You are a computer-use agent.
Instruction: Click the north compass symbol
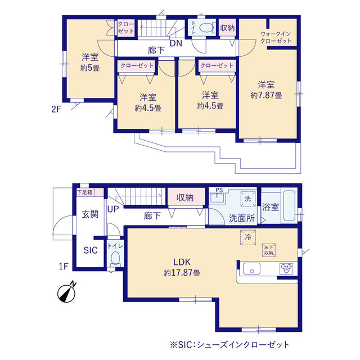67,292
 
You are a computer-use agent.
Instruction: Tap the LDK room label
182,262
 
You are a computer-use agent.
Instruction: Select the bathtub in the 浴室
289,205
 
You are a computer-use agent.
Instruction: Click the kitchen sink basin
251,269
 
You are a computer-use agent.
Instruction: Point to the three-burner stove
286,268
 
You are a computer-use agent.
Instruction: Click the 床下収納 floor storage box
269,250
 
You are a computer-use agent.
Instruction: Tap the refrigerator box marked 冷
248,237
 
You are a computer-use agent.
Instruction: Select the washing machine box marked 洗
248,199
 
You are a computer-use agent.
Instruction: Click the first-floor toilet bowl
115,259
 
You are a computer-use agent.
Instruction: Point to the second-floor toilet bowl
207,28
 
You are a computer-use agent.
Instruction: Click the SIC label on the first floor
91,250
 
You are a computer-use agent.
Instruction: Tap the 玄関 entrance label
90,214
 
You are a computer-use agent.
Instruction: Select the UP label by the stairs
113,209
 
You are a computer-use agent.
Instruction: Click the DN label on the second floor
176,43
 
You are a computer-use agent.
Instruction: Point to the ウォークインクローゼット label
276,38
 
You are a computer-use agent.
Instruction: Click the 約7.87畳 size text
266,95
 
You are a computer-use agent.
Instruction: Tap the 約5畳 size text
90,68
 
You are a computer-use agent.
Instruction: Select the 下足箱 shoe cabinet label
85,192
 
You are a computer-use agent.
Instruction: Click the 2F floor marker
56,109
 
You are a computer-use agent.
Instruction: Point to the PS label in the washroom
219,190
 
